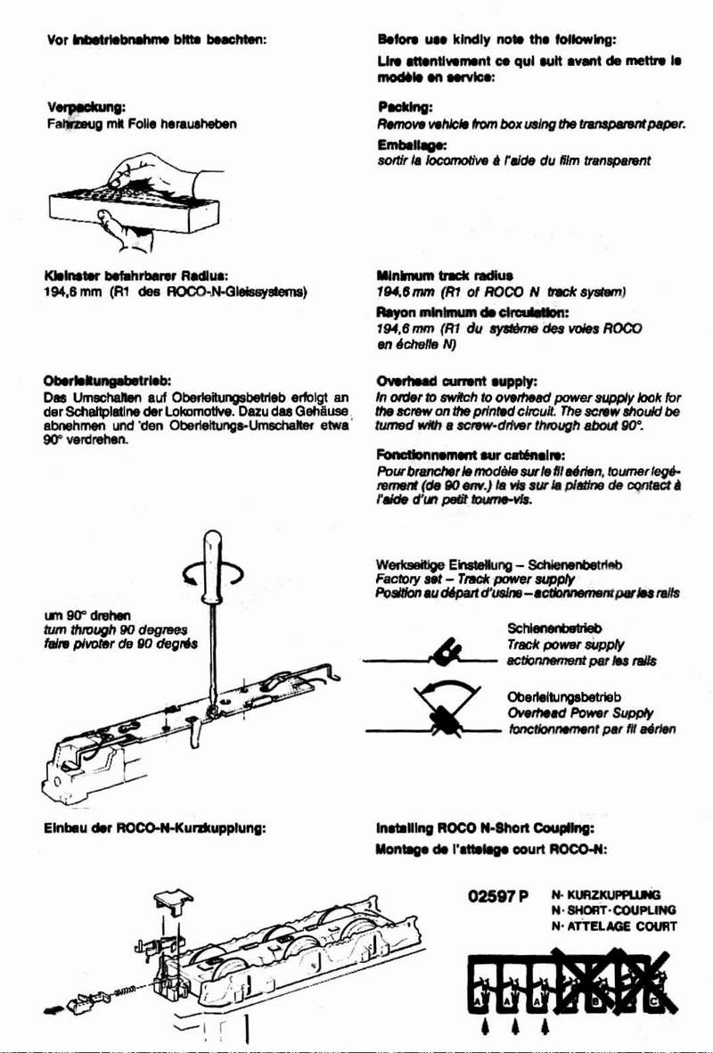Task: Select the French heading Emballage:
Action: click(x=411, y=143)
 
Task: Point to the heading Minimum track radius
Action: click(x=443, y=275)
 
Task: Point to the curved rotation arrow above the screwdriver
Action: click(x=210, y=579)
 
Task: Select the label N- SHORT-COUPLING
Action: click(x=613, y=910)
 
